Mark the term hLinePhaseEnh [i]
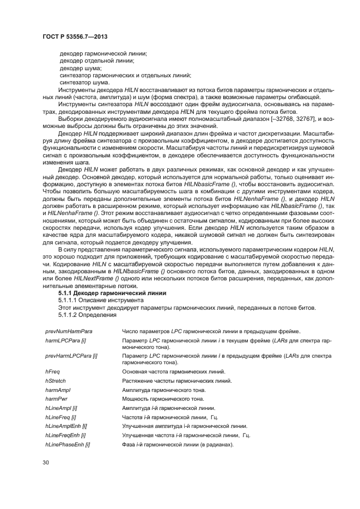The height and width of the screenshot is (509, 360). (68, 445)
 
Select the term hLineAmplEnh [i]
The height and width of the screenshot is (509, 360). (66, 426)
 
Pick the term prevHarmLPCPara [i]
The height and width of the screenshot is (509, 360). (71, 355)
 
